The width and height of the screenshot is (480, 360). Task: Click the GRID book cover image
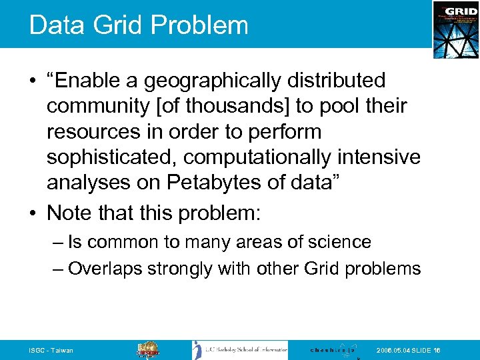coord(455,29)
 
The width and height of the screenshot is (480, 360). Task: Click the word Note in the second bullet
coord(67,213)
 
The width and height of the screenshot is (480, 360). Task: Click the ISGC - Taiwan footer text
coord(51,351)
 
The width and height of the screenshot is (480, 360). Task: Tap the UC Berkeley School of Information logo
coord(240,350)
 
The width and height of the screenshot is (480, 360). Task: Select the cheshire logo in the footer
coord(333,350)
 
